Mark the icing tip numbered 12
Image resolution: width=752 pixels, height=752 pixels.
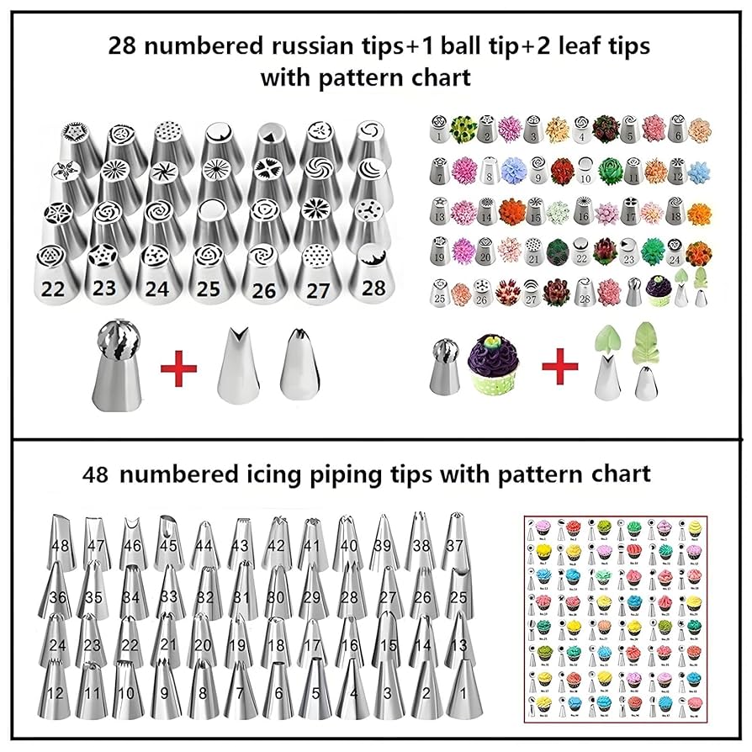click(56, 690)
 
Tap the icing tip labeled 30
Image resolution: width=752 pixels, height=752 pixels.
click(275, 594)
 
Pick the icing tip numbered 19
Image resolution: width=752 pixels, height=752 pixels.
click(239, 643)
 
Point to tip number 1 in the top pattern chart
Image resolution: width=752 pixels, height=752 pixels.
click(439, 131)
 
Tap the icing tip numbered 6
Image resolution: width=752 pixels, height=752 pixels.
click(275, 690)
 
